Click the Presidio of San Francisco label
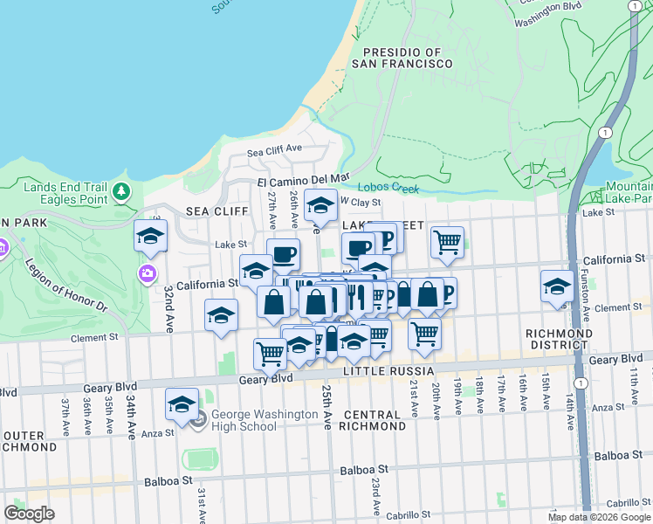402,59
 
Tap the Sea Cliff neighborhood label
205,211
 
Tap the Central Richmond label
375,420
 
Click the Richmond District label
560,340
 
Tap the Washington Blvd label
547,5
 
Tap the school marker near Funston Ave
557,286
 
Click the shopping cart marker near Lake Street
448,242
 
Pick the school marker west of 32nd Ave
150,235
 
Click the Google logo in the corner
29,514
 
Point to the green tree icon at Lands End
121,190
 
